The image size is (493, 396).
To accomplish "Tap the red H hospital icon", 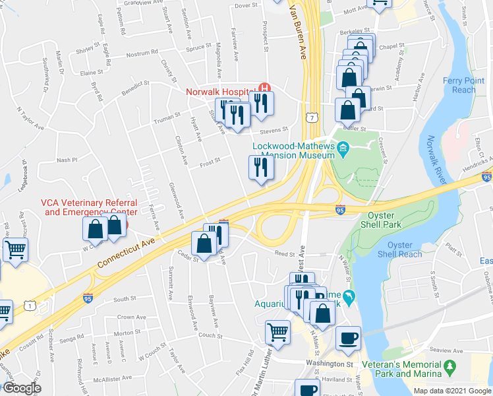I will coord(265,87).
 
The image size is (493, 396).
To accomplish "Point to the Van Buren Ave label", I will coord(298,30).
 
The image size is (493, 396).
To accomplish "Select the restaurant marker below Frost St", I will coord(261,168).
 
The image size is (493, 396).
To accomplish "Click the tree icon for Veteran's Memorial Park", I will coord(450,366).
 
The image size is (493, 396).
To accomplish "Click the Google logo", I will coord(21,388).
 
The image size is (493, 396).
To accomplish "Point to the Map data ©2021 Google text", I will coord(452,391).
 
